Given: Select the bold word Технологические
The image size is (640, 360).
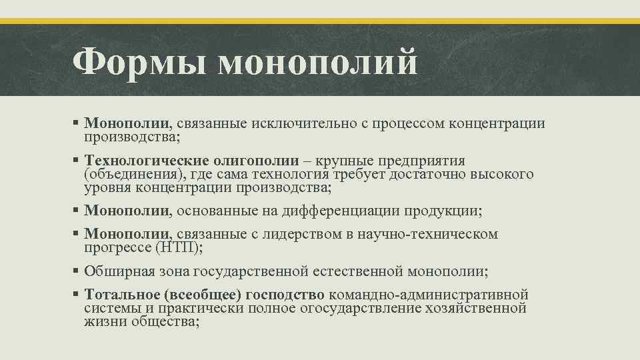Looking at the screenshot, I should (x=147, y=161).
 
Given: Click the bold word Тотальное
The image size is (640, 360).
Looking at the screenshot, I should (x=119, y=295).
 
